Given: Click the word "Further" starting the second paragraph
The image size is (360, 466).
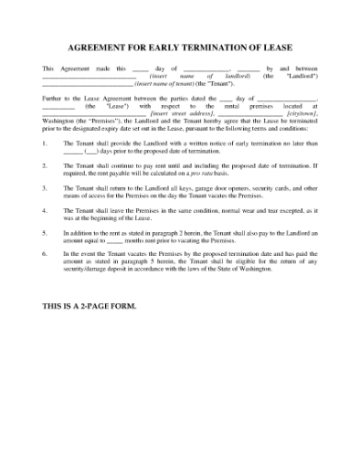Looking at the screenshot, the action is coord(54,99).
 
